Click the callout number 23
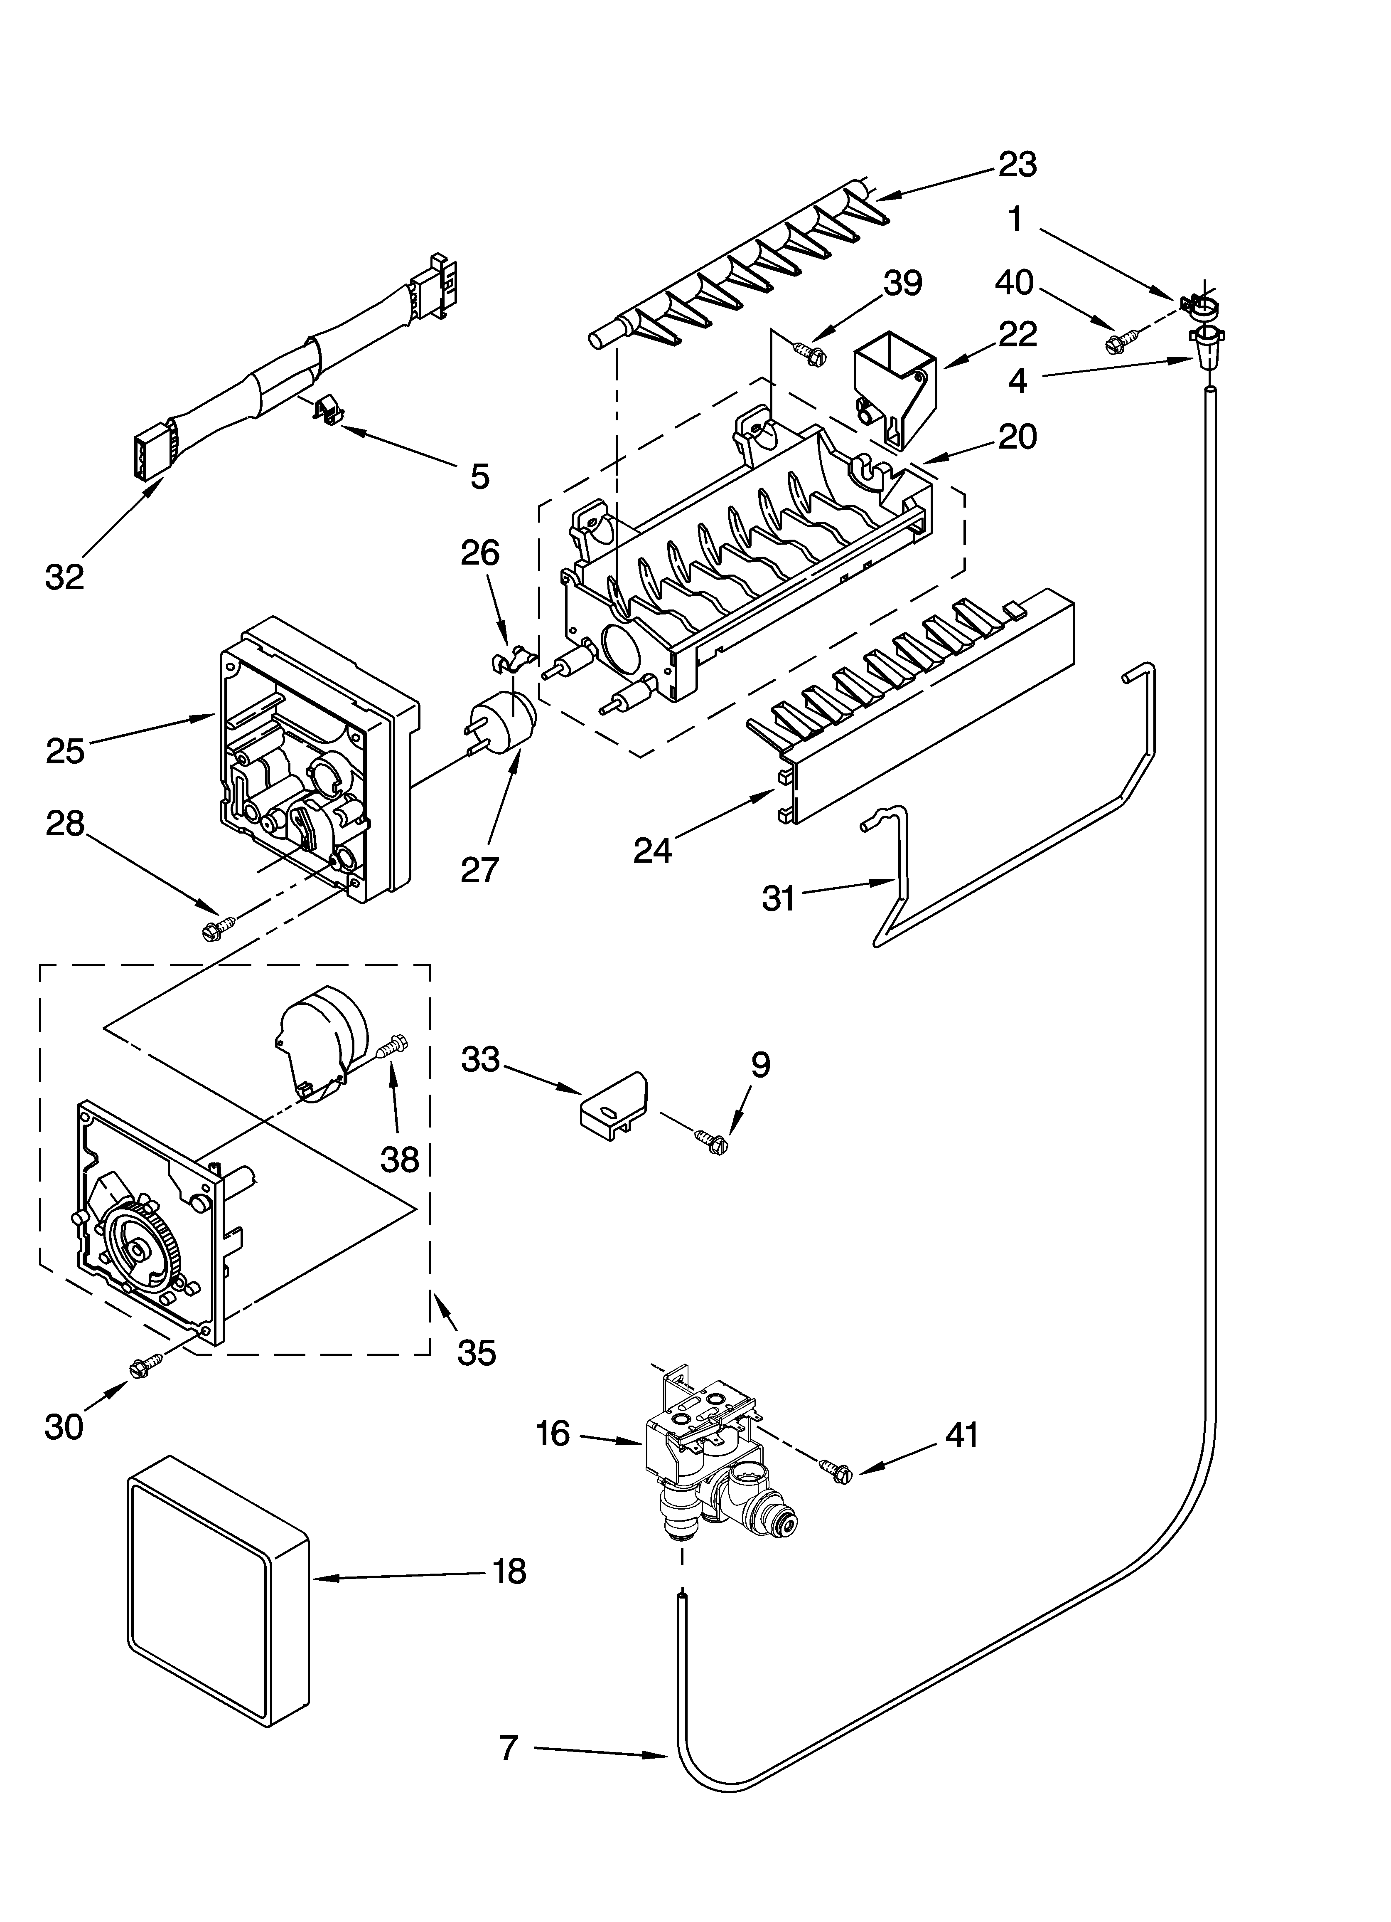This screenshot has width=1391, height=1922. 1017,164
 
